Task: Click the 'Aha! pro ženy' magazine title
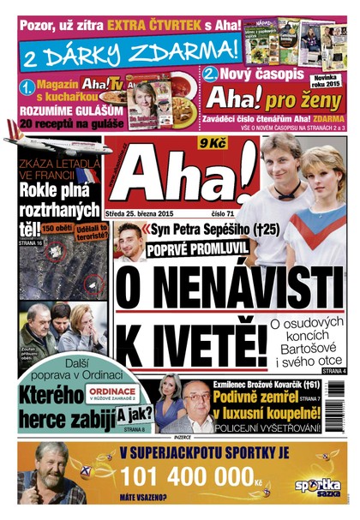(x=257, y=96)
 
